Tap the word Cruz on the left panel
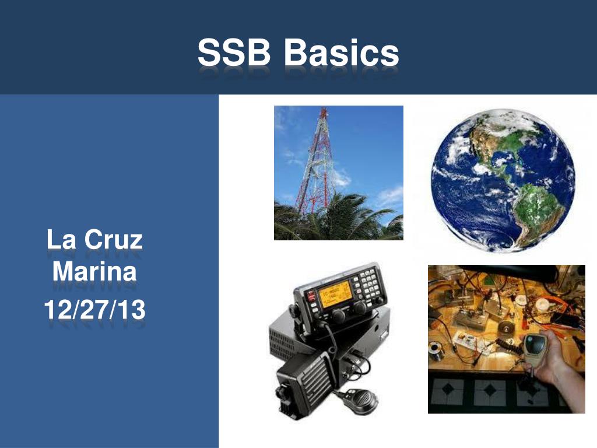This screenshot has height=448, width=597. point(114,240)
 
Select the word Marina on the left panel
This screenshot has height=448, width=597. point(94,271)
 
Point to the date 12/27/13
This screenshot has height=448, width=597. point(94,309)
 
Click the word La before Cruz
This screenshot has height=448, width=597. point(61,240)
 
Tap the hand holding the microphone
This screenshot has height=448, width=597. point(556,362)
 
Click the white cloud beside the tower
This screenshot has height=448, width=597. point(340,177)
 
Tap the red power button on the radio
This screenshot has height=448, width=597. point(311,296)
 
